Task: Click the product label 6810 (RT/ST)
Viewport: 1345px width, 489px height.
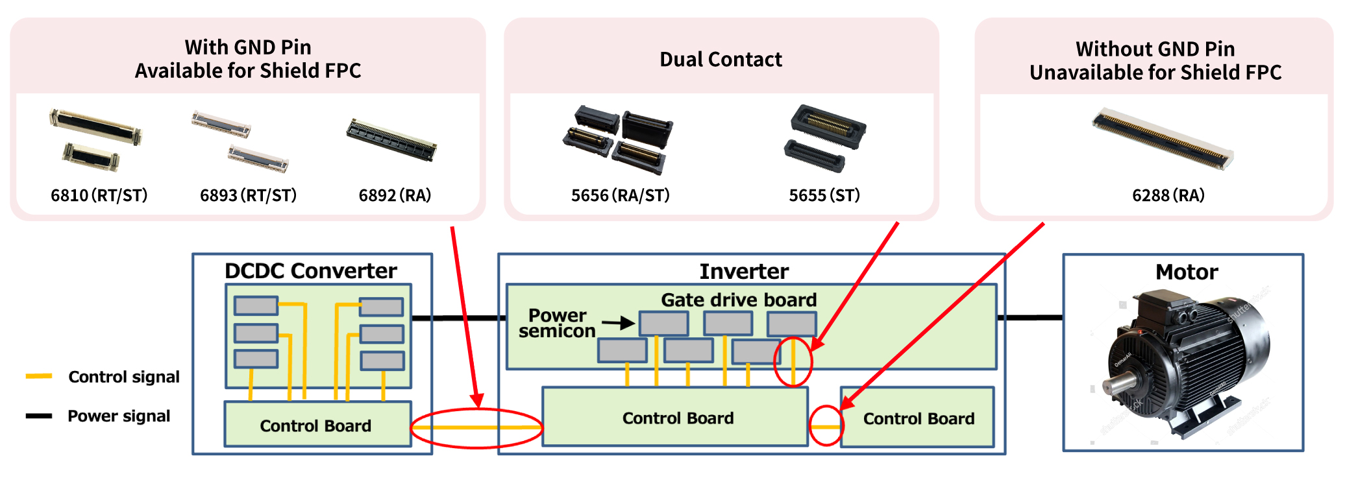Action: (x=99, y=195)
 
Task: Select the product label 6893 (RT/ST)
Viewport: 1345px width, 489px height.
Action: (x=248, y=195)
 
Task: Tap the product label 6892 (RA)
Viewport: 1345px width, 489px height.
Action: (x=395, y=195)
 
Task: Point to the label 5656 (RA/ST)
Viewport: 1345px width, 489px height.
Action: (x=620, y=195)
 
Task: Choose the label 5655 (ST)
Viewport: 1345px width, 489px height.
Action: (x=824, y=195)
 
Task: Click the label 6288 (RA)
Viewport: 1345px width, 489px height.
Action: (x=1168, y=195)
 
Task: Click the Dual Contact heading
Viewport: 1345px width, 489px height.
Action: (x=721, y=60)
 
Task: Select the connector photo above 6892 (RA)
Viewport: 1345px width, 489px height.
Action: (x=391, y=139)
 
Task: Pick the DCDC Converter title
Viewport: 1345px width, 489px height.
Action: (x=310, y=270)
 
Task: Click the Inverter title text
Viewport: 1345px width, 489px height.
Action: (x=744, y=271)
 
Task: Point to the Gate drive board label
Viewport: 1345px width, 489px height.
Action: (x=739, y=300)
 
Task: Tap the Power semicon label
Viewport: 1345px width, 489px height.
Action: (x=557, y=323)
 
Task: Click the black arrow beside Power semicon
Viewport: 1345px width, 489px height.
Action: (x=617, y=322)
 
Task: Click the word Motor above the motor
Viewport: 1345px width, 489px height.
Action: (x=1187, y=272)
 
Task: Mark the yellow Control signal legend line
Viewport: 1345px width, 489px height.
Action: (x=39, y=376)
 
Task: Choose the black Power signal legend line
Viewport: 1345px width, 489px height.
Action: (x=39, y=416)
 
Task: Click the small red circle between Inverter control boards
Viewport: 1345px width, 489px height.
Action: (x=826, y=425)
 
